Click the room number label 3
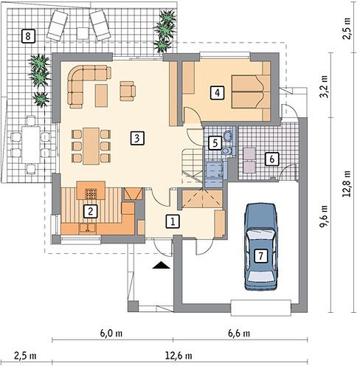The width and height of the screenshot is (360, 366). (137, 138)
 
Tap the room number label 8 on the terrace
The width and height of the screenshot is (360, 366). (28, 36)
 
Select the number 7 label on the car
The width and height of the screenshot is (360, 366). (260, 256)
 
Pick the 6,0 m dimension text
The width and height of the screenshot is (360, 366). (111, 334)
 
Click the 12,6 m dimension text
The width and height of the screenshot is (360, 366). (179, 356)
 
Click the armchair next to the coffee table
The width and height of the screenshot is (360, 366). (128, 91)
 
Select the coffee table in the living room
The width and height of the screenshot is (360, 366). (101, 95)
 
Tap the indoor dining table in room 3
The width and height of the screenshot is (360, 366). (91, 146)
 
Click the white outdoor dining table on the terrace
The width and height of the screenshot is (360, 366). (31, 145)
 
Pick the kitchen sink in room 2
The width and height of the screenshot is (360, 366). (87, 228)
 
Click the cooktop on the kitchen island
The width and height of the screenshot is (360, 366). (91, 194)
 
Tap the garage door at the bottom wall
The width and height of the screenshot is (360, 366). (261, 308)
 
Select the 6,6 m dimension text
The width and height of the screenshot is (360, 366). (239, 334)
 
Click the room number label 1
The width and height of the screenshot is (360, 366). (173, 221)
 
